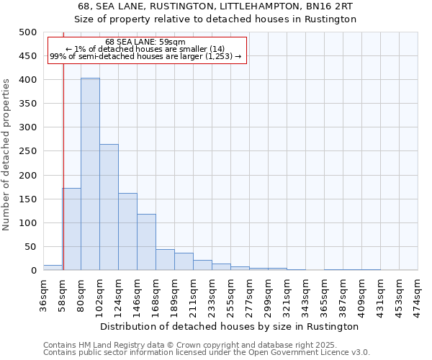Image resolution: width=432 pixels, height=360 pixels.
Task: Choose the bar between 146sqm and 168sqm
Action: [146, 242]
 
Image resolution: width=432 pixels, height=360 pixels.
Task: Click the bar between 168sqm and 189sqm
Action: [165, 260]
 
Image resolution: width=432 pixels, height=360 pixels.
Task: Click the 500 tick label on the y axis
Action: [28, 32]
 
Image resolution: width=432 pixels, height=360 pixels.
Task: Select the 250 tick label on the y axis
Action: [28, 151]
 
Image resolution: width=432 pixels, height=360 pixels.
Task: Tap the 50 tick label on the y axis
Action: [31, 247]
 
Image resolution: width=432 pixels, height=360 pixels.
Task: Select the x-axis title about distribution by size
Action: [230, 326]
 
